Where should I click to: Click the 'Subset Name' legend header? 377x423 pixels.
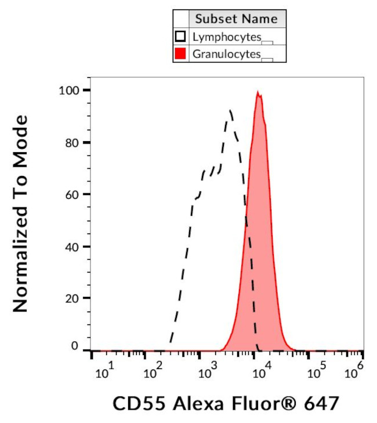pos(236,19)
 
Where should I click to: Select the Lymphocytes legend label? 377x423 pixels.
pos(226,37)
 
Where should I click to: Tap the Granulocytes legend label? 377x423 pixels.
pos(227,54)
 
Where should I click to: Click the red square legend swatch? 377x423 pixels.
pos(180,54)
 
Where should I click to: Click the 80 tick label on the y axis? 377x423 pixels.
pos(72,142)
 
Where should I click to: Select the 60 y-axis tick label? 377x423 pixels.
pos(72,195)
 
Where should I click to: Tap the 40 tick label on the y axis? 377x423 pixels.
pos(72,246)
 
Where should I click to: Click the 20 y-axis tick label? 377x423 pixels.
pos(72,298)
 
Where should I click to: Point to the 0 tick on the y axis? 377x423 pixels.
pos(75,346)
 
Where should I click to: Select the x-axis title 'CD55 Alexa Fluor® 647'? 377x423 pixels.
pos(225,403)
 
